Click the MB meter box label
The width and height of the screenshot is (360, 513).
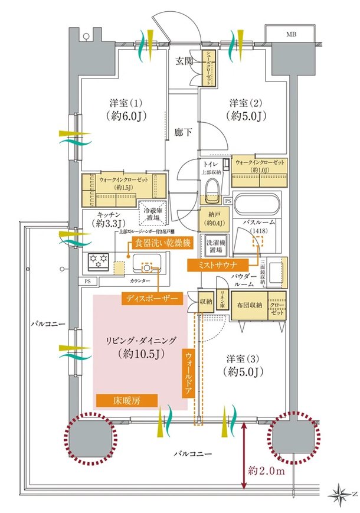(291, 35)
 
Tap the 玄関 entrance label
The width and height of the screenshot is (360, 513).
(184, 60)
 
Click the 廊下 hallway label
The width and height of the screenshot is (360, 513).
(183, 133)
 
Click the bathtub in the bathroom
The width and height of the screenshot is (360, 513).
(258, 207)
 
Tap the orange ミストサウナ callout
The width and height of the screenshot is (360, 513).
(217, 266)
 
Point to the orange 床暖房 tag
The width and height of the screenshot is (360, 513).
(127, 400)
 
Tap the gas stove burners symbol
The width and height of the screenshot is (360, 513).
(99, 260)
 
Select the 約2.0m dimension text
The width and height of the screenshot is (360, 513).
(266, 470)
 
